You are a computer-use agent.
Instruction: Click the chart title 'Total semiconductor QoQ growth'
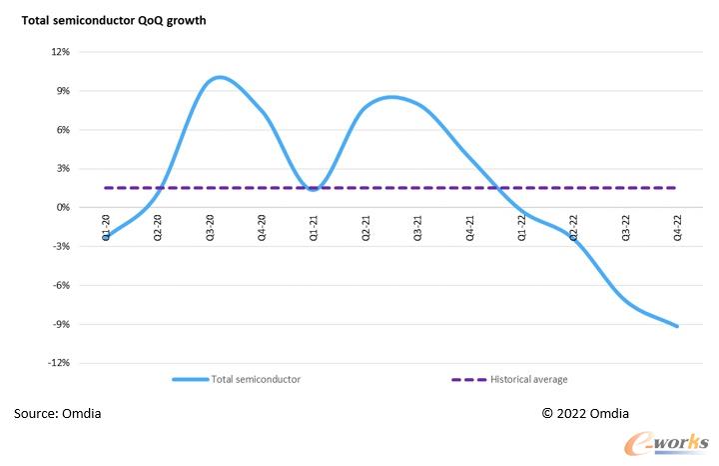(x=114, y=21)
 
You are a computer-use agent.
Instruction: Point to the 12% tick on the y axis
(x=61, y=52)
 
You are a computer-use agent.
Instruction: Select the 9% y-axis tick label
(x=63, y=91)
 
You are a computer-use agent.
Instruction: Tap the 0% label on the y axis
(x=63, y=208)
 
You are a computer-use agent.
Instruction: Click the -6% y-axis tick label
(x=62, y=285)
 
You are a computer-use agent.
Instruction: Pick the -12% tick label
(x=59, y=363)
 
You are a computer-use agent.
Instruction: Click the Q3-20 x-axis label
(x=210, y=227)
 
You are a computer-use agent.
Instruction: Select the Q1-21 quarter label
(x=314, y=227)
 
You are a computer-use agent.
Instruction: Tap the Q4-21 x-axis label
(x=470, y=227)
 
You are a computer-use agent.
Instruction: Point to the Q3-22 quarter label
(x=625, y=227)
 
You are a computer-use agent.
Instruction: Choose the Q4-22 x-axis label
(x=677, y=227)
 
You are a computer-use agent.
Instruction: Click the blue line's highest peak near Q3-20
(x=220, y=77)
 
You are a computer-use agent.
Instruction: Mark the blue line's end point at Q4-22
(x=677, y=326)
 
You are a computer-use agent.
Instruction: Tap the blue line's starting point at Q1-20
(x=106, y=237)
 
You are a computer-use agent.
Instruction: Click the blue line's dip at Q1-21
(x=314, y=189)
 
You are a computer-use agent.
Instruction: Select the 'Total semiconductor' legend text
(x=256, y=379)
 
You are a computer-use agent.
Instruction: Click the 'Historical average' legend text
(x=528, y=379)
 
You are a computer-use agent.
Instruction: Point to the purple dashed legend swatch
(x=468, y=380)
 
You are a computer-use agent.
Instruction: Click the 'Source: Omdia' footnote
(x=57, y=413)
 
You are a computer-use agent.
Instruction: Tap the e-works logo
(x=666, y=444)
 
